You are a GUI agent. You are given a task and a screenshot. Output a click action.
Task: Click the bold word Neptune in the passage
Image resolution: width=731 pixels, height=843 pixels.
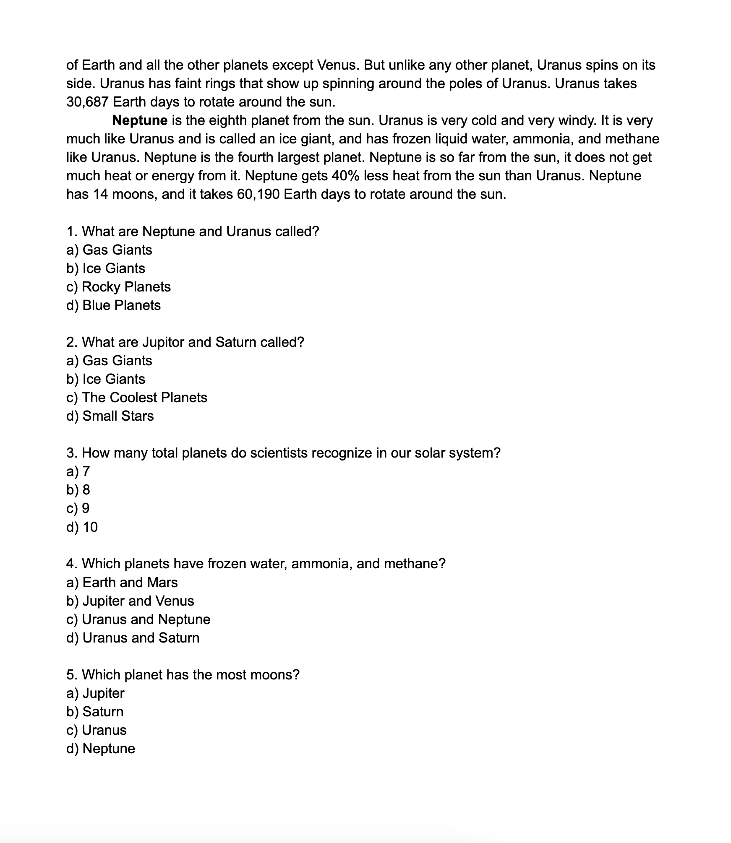tap(140, 121)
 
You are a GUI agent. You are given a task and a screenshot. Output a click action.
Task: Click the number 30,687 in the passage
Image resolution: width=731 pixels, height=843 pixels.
tap(87, 102)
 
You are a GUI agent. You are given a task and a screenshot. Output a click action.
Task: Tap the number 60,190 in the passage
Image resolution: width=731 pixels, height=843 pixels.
tap(258, 195)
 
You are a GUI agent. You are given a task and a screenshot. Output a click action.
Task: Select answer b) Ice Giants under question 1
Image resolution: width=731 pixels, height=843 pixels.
tap(106, 268)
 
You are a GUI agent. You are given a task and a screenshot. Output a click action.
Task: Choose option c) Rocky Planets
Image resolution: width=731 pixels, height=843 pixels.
tap(118, 287)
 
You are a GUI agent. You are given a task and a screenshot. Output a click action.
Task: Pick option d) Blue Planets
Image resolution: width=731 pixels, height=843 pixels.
tap(113, 305)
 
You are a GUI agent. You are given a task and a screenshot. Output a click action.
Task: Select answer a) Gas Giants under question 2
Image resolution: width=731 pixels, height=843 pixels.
tap(109, 361)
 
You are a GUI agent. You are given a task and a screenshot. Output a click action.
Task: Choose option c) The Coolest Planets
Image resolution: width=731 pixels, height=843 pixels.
tap(137, 398)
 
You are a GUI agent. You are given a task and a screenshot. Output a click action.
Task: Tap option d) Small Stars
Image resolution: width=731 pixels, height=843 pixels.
tap(110, 416)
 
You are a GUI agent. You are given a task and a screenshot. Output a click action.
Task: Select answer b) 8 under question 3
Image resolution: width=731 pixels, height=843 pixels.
tap(78, 490)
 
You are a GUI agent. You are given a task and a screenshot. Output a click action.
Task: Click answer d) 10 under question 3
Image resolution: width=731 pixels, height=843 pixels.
tap(82, 527)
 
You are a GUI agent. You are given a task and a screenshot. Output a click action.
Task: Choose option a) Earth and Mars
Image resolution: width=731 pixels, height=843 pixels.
tap(122, 583)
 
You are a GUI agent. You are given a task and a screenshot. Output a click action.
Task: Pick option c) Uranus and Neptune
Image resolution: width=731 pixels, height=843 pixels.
tap(138, 619)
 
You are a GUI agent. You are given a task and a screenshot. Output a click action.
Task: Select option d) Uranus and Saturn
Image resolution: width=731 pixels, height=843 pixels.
tap(133, 638)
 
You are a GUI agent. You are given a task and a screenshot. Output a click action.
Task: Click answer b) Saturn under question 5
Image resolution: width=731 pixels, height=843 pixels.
tap(95, 712)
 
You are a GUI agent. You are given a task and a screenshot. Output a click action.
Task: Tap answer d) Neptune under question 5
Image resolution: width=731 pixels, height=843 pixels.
tap(101, 749)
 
